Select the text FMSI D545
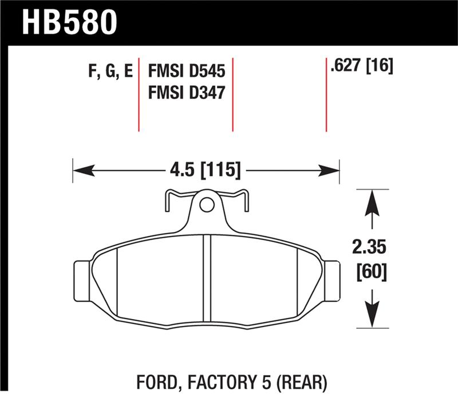[x=186, y=71]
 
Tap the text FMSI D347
[x=186, y=92]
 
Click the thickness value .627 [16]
[x=361, y=66]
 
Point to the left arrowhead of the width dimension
[x=80, y=170]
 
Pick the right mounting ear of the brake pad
[x=330, y=279]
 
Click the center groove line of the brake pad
[x=207, y=281]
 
